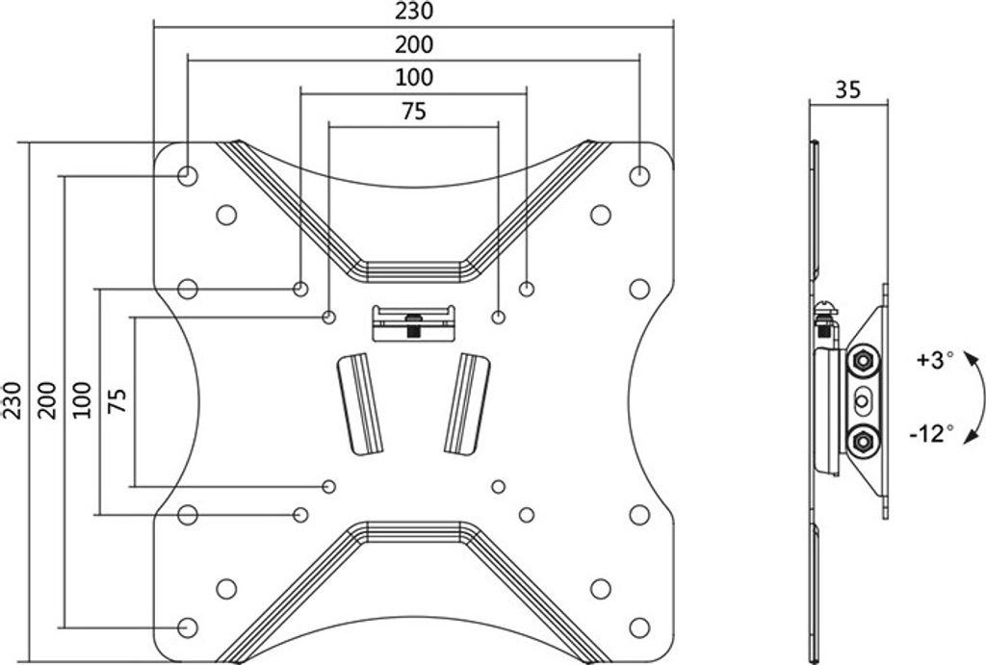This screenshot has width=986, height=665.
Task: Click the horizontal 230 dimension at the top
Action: click(x=414, y=11)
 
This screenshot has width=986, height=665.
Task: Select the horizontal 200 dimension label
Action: click(x=414, y=44)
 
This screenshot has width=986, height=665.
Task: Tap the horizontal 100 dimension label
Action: click(x=414, y=77)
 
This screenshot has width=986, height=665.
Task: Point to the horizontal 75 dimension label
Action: click(x=414, y=112)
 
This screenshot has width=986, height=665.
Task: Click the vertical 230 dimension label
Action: click(x=13, y=399)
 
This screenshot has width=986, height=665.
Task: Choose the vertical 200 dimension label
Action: click(x=47, y=399)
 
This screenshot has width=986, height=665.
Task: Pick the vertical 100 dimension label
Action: click(x=82, y=399)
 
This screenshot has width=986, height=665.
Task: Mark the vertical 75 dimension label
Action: click(x=117, y=400)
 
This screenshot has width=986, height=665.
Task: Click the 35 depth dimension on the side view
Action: click(x=847, y=90)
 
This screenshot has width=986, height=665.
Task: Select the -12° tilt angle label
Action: click(x=931, y=433)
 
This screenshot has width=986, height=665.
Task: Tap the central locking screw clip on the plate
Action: click(x=413, y=323)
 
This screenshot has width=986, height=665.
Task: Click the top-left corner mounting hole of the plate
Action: click(x=188, y=175)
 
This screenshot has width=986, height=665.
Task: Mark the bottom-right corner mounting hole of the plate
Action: click(x=639, y=627)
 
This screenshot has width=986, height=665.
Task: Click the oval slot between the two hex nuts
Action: click(x=862, y=401)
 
